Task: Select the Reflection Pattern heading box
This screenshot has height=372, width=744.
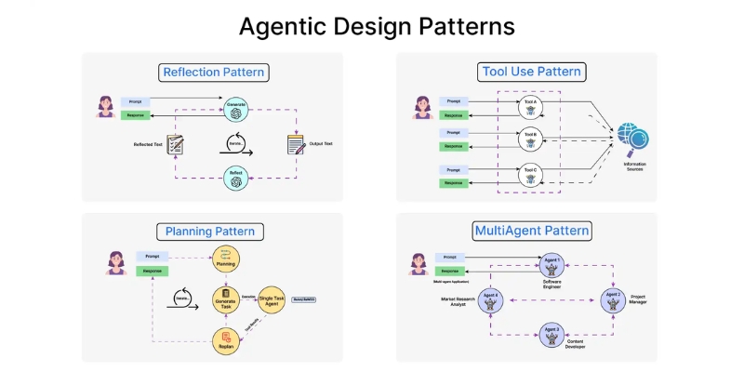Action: pyautogui.click(x=213, y=72)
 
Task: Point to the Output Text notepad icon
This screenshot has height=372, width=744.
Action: pyautogui.click(x=296, y=145)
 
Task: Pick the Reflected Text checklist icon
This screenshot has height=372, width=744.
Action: pyautogui.click(x=176, y=145)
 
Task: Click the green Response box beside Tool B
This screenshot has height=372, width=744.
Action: pyautogui.click(x=453, y=146)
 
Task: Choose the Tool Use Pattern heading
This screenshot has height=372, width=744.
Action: pyautogui.click(x=531, y=72)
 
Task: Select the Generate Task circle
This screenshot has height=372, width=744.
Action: pyautogui.click(x=226, y=299)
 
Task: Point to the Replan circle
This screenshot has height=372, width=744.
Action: pyautogui.click(x=226, y=341)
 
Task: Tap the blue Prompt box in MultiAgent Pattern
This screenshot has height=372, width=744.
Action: pyautogui.click(x=452, y=256)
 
